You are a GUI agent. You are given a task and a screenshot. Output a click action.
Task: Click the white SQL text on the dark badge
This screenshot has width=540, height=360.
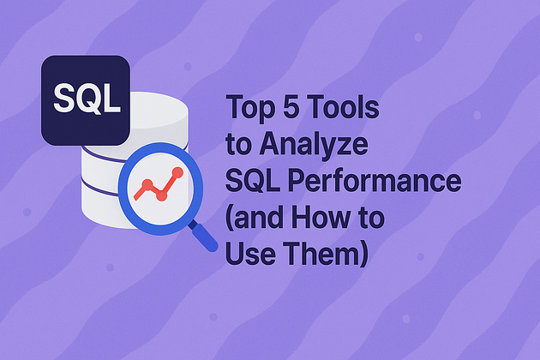(x=87, y=99)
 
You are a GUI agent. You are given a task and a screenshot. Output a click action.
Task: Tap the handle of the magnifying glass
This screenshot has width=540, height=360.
(x=203, y=232)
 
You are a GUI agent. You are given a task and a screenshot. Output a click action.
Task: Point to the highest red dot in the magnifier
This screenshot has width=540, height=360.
(x=178, y=172)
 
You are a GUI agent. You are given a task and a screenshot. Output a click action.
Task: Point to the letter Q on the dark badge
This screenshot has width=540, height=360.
(x=87, y=99)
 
